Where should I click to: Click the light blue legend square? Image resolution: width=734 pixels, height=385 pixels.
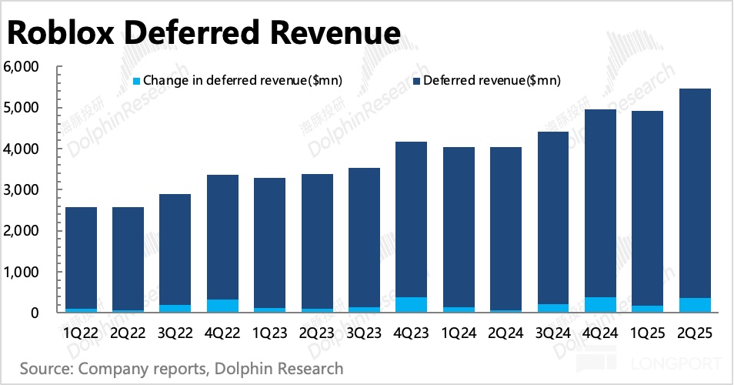(137, 80)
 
